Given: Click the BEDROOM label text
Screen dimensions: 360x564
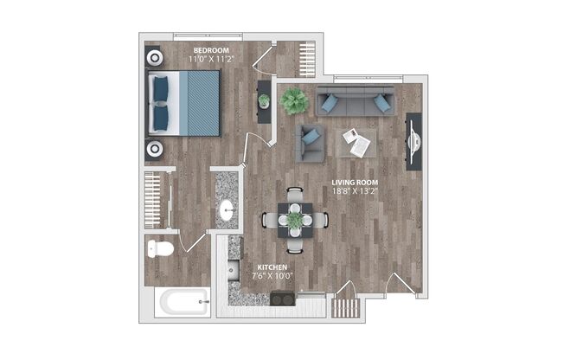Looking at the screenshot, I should click(x=210, y=49).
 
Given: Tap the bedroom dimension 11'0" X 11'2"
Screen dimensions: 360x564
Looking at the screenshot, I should click(x=210, y=59).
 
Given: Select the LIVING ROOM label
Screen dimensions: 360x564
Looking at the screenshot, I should click(x=356, y=183).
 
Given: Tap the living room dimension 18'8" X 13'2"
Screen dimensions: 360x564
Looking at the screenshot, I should click(x=356, y=192).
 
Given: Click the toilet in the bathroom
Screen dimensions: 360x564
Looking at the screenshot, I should click(x=160, y=249).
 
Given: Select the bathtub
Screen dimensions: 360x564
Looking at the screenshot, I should click(x=183, y=303).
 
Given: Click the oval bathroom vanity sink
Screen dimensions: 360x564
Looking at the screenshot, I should click(x=227, y=209).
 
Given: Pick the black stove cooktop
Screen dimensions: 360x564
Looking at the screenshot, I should click(x=283, y=299).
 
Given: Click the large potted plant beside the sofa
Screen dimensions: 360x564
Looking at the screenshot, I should click(x=293, y=100).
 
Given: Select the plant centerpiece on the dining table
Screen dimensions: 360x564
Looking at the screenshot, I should click(x=296, y=221).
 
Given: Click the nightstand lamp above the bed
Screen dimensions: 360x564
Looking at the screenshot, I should click(x=155, y=59).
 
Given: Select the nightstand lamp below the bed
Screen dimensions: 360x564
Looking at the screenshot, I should click(x=155, y=149).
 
